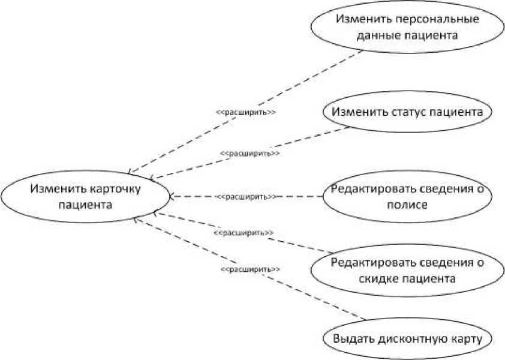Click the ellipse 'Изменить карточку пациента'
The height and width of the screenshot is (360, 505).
86,197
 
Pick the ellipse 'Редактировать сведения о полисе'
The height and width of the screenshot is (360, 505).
408,197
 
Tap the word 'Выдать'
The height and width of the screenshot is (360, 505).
354,338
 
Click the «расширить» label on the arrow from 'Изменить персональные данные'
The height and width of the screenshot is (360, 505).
245,112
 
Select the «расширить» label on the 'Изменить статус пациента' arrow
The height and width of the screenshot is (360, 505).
250,153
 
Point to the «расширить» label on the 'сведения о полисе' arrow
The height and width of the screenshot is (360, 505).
247,196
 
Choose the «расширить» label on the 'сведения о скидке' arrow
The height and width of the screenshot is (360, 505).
244,232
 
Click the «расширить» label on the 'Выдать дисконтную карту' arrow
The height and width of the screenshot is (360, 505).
250,270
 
